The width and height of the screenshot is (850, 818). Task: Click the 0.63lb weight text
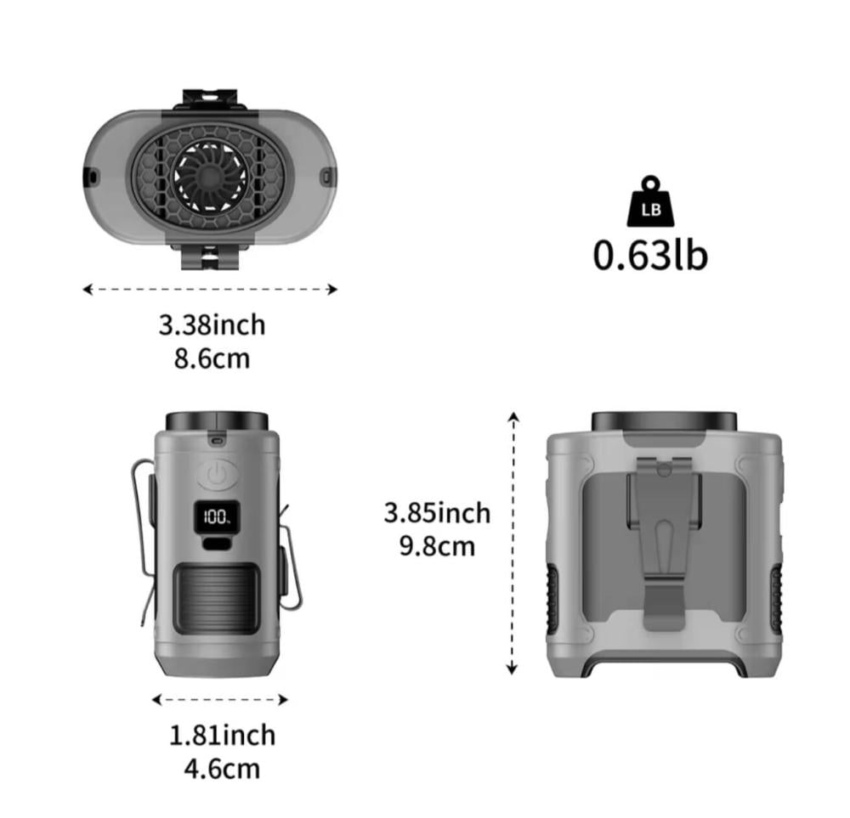click(650, 255)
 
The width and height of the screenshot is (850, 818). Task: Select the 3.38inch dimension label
click(212, 325)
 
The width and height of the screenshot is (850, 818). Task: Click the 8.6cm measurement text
click(212, 358)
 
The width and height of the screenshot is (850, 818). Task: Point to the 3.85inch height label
click(437, 512)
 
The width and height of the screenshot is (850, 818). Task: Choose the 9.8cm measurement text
click(437, 546)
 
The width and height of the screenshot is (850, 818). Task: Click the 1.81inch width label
click(222, 735)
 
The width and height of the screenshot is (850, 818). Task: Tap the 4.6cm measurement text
click(222, 769)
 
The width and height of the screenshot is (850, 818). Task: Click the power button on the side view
click(218, 476)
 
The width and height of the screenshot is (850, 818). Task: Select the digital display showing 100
click(217, 516)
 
